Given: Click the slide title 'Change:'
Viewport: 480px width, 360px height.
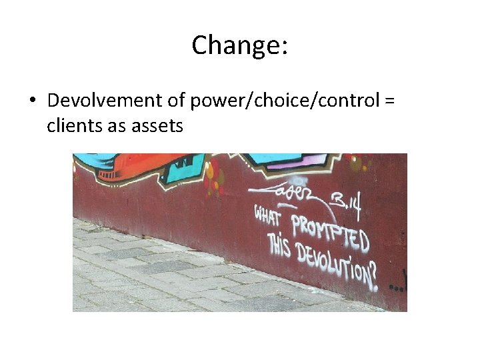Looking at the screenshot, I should pos(240,45).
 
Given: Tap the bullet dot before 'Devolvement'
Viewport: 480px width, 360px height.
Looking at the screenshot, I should pos(31,101).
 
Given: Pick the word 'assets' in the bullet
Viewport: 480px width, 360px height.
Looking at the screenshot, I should pos(157,125).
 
